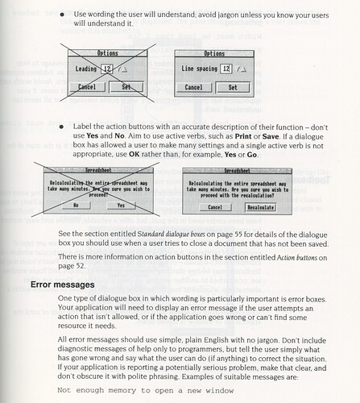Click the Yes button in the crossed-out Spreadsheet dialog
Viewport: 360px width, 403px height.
121,206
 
